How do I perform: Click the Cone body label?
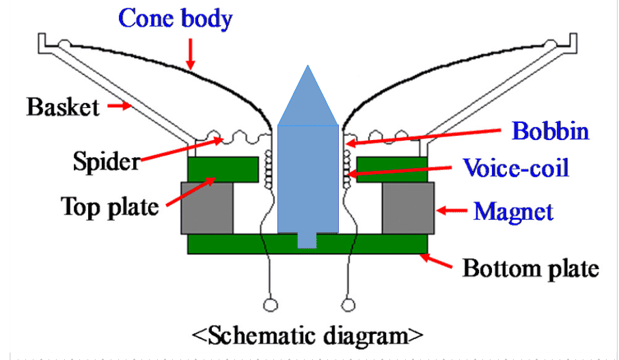click(176, 18)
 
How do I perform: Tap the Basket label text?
click(63, 107)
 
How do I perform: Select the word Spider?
click(106, 162)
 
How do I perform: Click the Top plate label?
click(110, 205)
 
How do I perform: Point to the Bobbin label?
click(550, 130)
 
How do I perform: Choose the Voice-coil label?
click(516, 167)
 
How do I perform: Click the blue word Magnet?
click(513, 212)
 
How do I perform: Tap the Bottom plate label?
click(531, 268)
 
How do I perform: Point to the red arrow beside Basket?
click(120, 106)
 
